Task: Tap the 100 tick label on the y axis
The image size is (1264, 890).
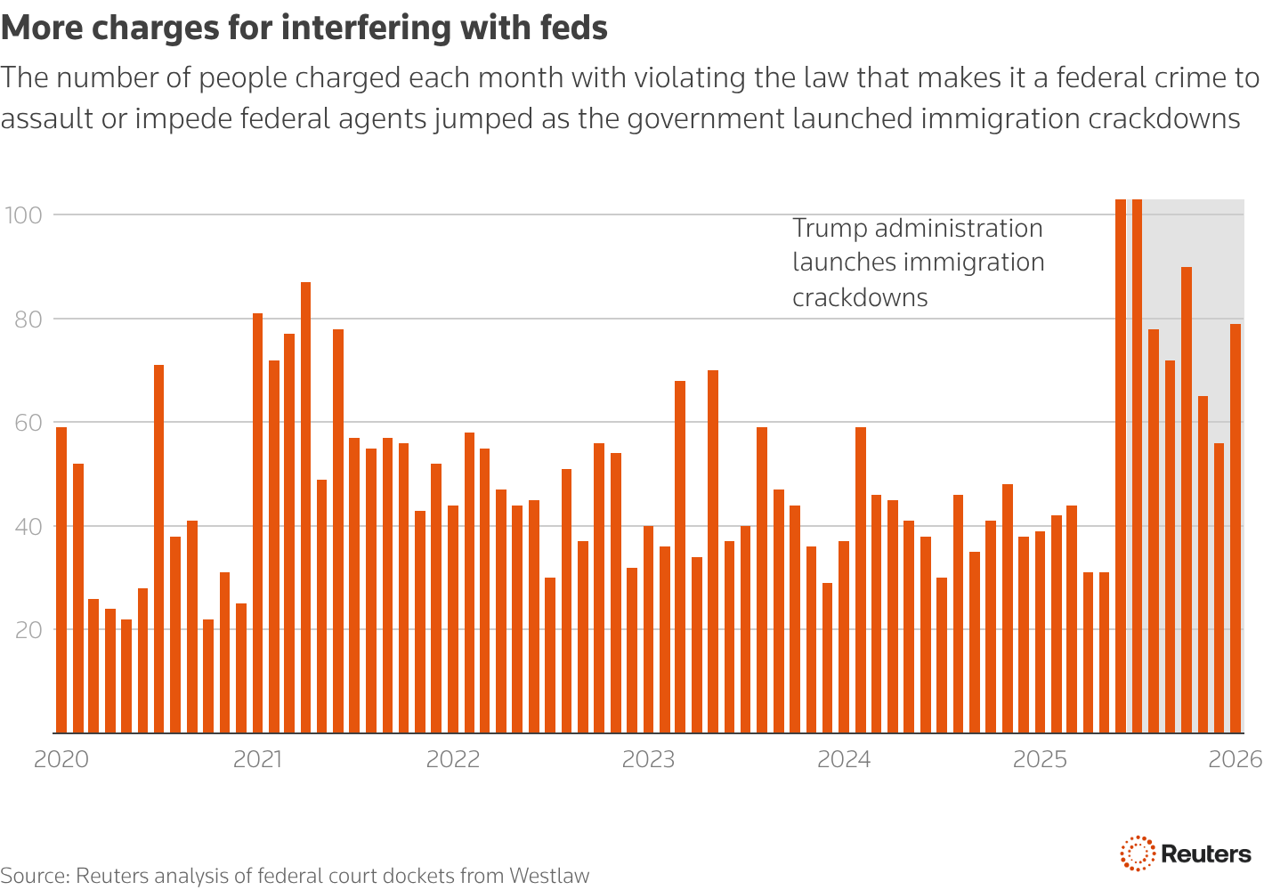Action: pos(24,215)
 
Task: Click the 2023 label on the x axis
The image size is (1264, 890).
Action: pos(648,759)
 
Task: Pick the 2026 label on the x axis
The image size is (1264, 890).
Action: pos(1236,759)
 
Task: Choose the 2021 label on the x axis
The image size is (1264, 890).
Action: pos(257,759)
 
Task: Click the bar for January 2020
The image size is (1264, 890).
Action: pos(61,579)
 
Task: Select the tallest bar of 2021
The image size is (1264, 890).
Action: pos(305,507)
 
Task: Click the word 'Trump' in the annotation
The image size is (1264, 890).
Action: pos(830,229)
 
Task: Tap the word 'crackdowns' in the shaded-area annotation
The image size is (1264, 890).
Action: pos(860,297)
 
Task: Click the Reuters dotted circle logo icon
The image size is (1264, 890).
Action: pos(1137,854)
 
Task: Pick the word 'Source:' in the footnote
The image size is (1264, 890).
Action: pos(36,876)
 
